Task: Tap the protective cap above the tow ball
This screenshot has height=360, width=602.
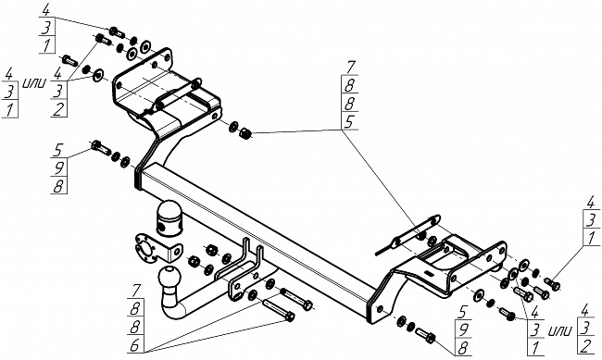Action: click(x=169, y=217)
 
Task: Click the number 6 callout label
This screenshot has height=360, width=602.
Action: click(x=134, y=345)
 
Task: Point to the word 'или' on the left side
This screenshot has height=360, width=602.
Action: click(x=35, y=82)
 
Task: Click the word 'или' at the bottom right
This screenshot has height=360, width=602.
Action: click(x=560, y=330)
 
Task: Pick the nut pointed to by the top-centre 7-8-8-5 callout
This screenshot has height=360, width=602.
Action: click(x=245, y=133)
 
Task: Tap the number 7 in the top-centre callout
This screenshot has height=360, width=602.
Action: click(x=350, y=67)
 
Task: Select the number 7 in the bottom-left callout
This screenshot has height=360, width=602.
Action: click(x=136, y=291)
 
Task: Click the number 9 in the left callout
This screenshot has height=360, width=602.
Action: click(x=58, y=168)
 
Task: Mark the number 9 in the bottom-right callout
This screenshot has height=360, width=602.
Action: click(x=464, y=329)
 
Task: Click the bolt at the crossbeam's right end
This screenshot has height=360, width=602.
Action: click(x=425, y=335)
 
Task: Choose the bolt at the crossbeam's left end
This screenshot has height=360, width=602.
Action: click(x=101, y=147)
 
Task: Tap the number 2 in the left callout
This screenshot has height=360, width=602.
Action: click(x=58, y=109)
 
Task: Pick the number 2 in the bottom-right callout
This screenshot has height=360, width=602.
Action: click(x=586, y=346)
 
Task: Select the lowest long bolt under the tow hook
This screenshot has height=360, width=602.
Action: click(x=279, y=310)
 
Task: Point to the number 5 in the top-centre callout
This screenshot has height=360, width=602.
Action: click(x=349, y=121)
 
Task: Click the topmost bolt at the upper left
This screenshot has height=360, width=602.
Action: click(x=117, y=31)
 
